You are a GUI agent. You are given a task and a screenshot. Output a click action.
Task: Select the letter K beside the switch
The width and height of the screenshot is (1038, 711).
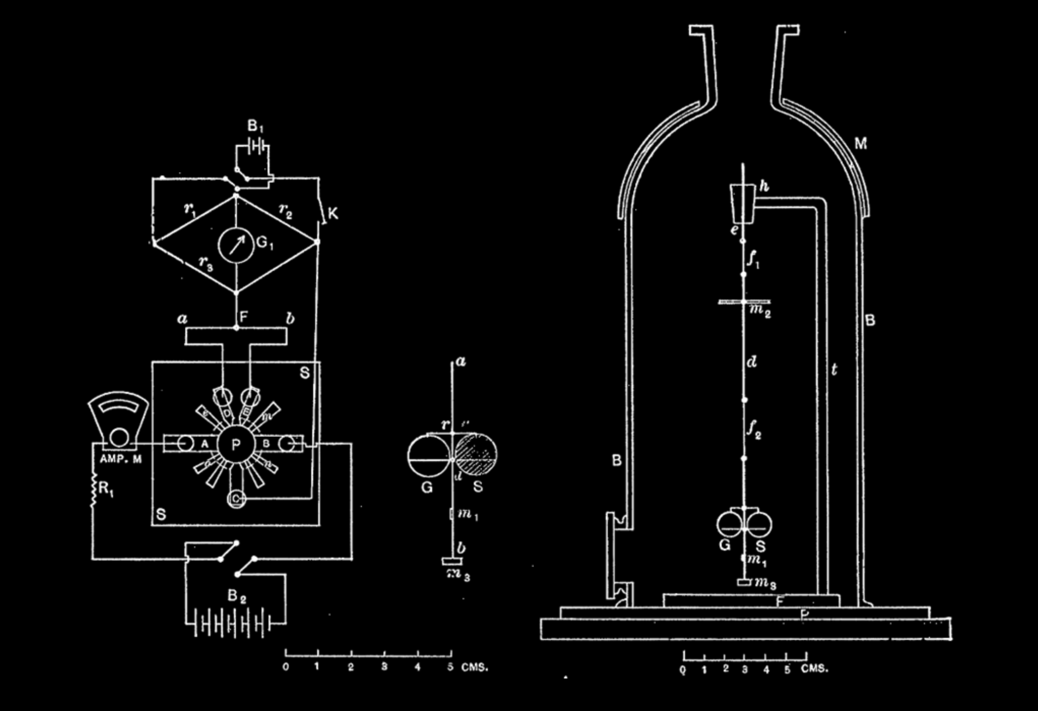(x=333, y=213)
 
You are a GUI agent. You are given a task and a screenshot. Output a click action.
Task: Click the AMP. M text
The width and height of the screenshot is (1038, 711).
(x=121, y=459)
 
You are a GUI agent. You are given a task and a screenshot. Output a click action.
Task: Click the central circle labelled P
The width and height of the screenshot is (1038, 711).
(x=236, y=444)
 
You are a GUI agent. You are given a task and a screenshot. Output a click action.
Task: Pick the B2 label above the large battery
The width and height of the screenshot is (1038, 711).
(x=237, y=596)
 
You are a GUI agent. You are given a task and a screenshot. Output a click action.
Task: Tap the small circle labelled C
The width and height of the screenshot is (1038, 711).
(x=236, y=499)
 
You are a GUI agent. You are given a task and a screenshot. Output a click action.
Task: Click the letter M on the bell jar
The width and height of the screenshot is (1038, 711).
(x=861, y=143)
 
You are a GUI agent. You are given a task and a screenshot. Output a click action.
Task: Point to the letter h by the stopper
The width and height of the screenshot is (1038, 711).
(x=764, y=186)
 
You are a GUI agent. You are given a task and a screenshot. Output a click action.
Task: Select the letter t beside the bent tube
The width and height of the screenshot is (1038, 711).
(x=834, y=370)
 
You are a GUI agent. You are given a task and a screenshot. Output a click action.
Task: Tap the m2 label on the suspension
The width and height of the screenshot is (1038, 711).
(x=760, y=311)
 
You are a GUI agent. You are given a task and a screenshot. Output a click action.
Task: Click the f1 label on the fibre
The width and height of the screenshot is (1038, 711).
(x=754, y=259)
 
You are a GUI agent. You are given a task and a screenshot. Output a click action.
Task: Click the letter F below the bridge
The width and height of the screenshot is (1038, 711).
(x=243, y=317)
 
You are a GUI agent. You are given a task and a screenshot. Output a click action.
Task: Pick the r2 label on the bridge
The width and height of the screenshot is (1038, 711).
(x=285, y=210)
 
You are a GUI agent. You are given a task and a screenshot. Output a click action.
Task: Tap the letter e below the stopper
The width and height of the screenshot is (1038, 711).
(x=734, y=229)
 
